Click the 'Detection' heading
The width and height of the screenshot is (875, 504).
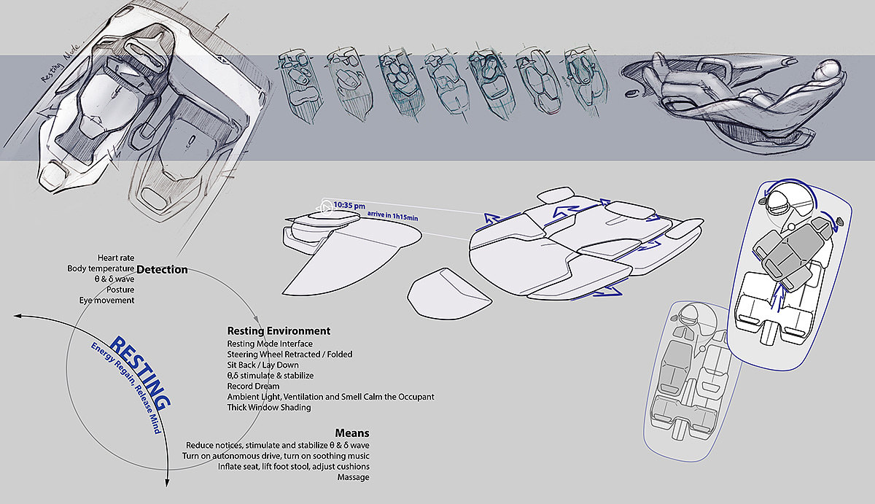pos(162,270)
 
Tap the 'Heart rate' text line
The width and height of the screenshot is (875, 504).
pos(116,258)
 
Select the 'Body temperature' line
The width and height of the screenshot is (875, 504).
pos(101,268)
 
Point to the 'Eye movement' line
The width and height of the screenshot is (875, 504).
pos(106,301)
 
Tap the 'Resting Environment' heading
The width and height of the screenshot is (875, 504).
pos(279,331)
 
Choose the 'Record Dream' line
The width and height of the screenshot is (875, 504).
pos(253,386)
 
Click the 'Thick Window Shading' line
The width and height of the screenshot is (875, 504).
pos(269,408)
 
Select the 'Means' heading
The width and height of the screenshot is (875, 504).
pos(352,433)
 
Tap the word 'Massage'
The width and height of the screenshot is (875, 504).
pos(353,477)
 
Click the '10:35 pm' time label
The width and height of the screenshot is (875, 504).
pos(349,206)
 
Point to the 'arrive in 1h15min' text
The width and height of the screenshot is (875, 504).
pos(392,216)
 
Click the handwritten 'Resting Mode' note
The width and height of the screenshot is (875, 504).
pos(61,63)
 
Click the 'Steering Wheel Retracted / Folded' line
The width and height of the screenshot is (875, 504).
pos(289,354)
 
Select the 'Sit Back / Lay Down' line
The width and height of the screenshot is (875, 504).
pos(262,365)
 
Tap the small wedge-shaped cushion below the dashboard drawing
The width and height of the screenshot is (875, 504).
pos(449,294)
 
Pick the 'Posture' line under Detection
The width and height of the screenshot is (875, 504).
pos(120,290)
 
